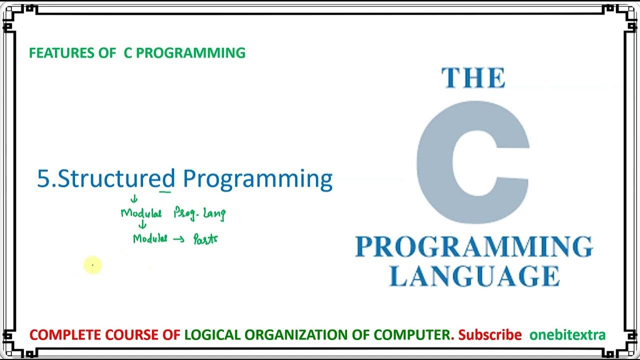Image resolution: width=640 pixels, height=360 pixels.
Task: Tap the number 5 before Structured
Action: pos(43,179)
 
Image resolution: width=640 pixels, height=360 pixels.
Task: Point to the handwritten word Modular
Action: pos(141,213)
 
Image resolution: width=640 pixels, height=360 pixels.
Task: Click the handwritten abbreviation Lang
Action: pos(214,214)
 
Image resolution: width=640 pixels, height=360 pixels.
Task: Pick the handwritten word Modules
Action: pos(149,238)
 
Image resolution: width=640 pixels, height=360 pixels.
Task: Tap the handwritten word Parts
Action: pos(205,239)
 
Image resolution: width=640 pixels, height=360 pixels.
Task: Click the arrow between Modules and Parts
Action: pos(178,239)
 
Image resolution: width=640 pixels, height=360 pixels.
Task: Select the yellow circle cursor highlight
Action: pos(92,265)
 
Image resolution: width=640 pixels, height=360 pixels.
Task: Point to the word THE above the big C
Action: pos(473,78)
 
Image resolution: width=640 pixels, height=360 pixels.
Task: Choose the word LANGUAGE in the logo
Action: pos(474,276)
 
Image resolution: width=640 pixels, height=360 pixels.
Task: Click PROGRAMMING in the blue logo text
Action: pos(473,247)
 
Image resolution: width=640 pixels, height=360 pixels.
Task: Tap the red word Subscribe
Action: pos(489,334)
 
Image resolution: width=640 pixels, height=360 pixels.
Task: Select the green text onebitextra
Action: pos(567,334)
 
